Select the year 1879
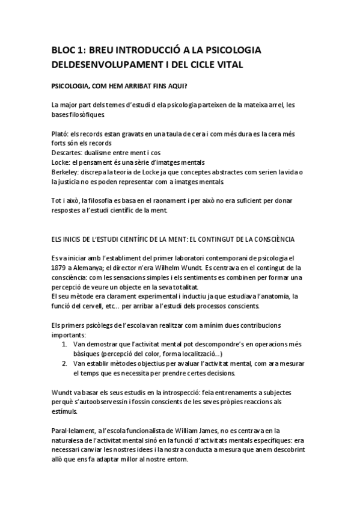(x=59, y=268)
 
